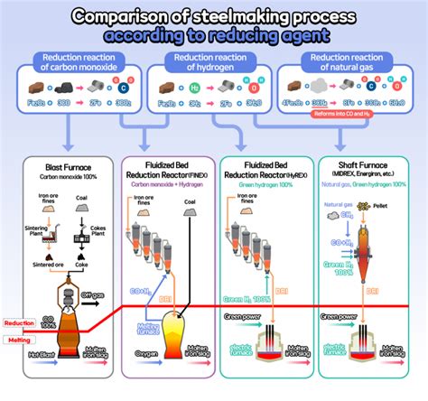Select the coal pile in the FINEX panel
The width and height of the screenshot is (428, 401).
coord(191,210)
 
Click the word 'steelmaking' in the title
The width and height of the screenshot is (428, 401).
coord(233,15)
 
